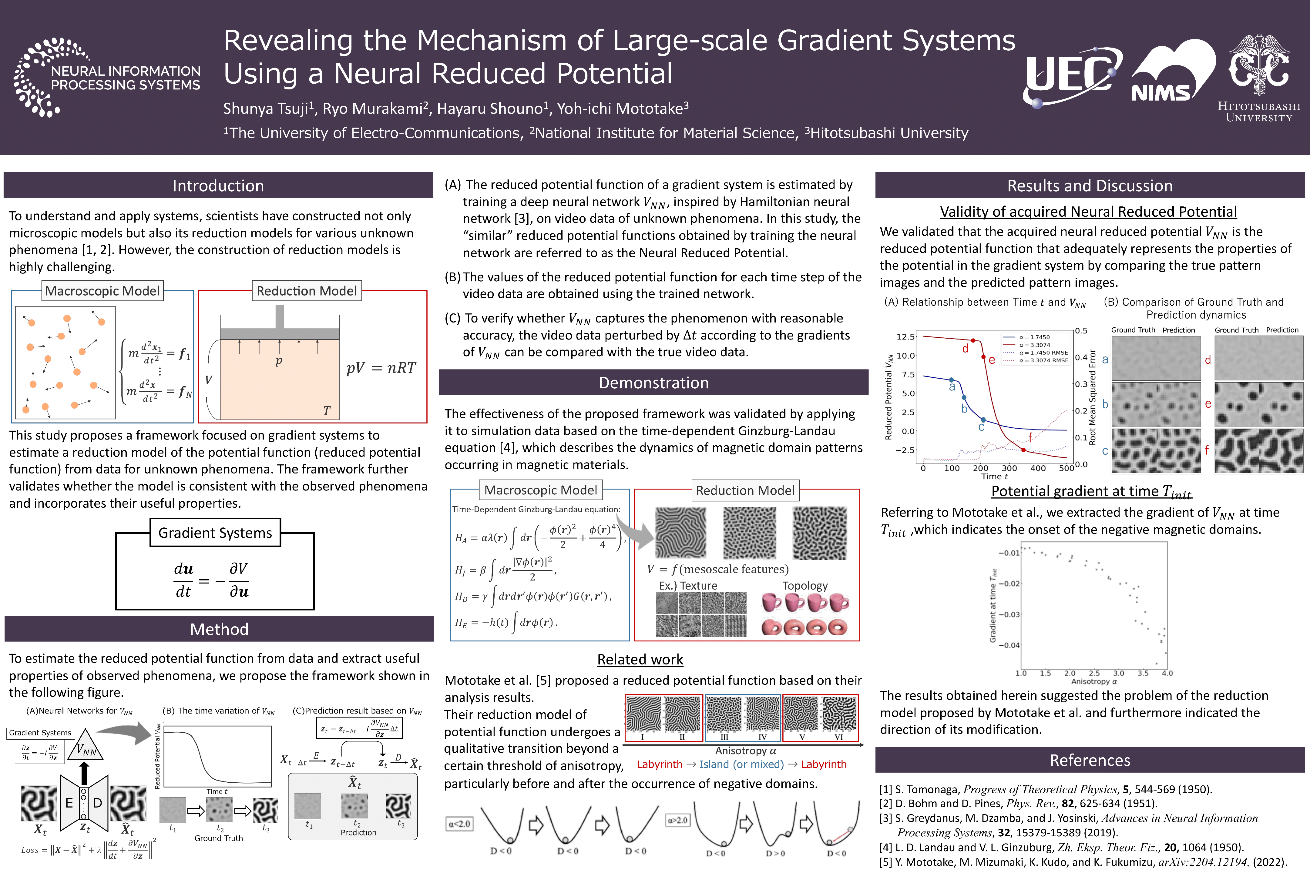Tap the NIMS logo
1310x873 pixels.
point(1172,72)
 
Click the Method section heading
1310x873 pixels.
point(219,629)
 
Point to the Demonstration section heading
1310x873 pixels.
point(653,383)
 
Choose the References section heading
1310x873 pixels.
point(1090,760)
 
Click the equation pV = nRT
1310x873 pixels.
point(381,368)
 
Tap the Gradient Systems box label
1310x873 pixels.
point(215,533)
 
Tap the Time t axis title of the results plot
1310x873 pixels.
point(994,477)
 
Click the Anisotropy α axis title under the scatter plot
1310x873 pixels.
point(1094,681)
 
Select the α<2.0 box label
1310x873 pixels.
point(460,824)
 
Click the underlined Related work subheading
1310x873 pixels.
point(640,660)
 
